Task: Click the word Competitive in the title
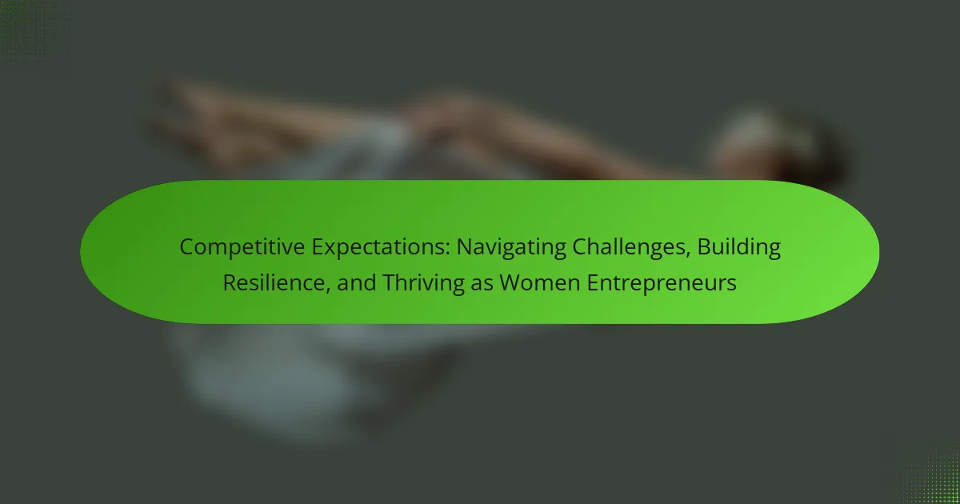click(242, 248)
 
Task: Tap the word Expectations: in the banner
click(381, 248)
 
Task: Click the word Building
click(739, 248)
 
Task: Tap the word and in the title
click(357, 283)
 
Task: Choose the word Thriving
click(423, 284)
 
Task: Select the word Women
click(540, 283)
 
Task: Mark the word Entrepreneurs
click(662, 284)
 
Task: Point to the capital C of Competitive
click(187, 247)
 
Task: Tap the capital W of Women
click(511, 283)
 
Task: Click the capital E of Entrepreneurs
click(593, 283)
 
